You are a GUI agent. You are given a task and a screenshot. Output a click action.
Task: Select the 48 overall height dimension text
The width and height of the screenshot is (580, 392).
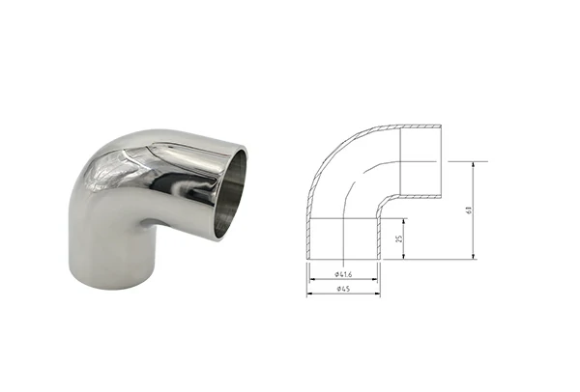(469, 210)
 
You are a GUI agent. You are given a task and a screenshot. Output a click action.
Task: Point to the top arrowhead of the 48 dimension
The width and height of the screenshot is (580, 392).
(473, 165)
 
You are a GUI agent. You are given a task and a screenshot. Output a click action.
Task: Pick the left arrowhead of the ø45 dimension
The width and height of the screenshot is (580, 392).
(309, 294)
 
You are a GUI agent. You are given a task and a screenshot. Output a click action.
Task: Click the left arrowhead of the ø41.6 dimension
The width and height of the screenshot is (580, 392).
(312, 281)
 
